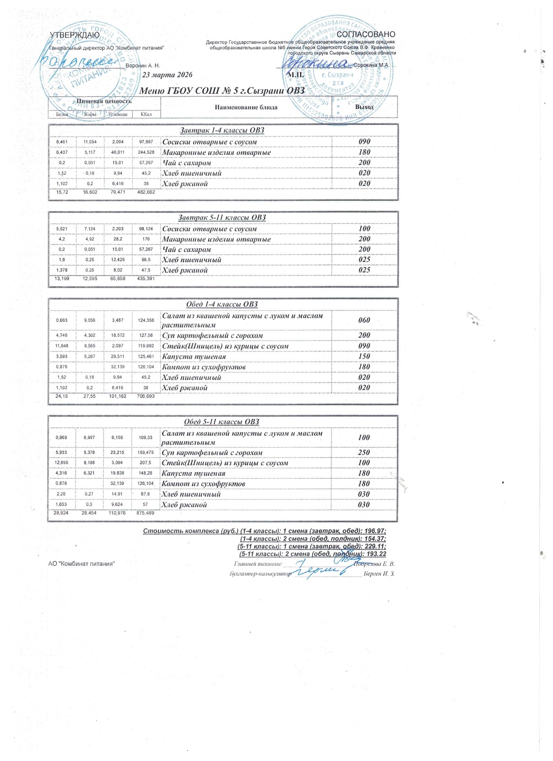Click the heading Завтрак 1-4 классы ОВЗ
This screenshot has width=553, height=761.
pyautogui.click(x=223, y=130)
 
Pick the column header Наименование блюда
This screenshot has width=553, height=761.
pyautogui.click(x=246, y=107)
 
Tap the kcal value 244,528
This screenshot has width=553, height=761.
pyautogui.click(x=146, y=153)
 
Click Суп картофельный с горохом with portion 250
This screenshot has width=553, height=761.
pyautogui.click(x=212, y=452)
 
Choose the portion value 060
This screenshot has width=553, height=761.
pyautogui.click(x=364, y=320)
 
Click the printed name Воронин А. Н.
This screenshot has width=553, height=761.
pyautogui.click(x=142, y=65)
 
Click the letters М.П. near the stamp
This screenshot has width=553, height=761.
pyautogui.click(x=296, y=74)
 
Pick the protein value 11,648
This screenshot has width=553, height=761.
pyautogui.click(x=62, y=346)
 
